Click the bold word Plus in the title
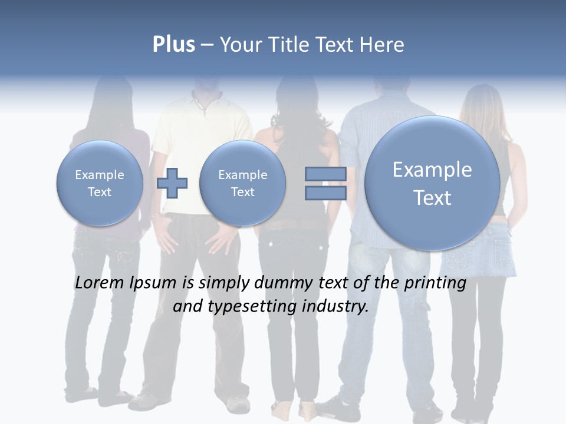(173, 45)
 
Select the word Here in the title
(382, 45)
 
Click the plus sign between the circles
(172, 183)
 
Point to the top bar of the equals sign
(325, 174)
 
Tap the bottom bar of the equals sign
(325, 193)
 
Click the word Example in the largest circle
(432, 170)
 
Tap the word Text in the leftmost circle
(100, 192)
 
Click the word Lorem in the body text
(99, 283)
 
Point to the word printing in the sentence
(436, 283)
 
